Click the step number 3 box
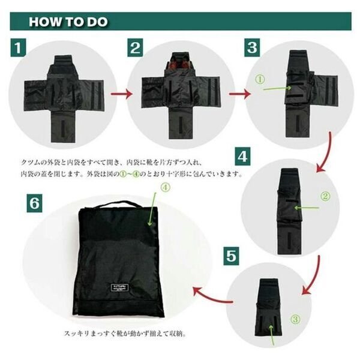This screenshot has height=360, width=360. point(252,47)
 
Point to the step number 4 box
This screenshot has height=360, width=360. point(242,157)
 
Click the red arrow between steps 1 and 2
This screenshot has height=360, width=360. point(122,94)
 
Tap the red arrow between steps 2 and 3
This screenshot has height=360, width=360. point(239,94)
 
